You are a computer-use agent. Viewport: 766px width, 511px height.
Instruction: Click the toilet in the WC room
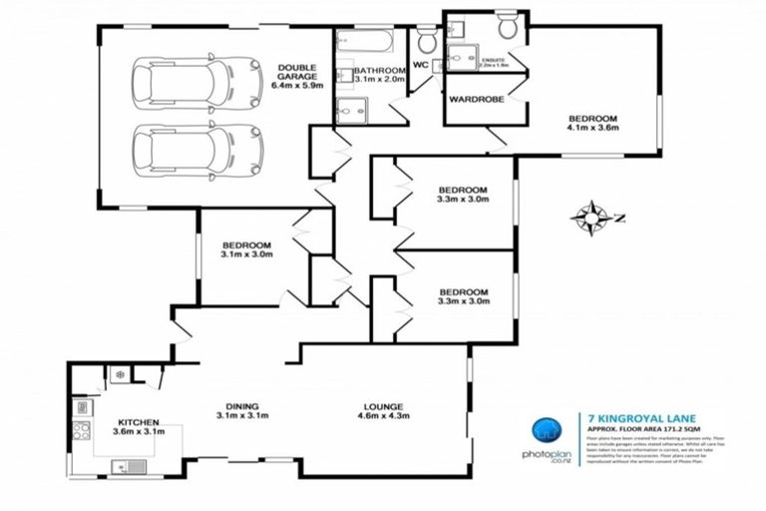[x=427, y=40]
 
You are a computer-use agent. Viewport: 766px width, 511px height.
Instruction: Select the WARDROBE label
[x=475, y=100]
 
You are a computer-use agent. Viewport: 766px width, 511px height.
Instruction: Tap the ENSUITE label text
[x=492, y=61]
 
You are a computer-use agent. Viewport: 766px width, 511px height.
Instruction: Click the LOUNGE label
[x=383, y=406]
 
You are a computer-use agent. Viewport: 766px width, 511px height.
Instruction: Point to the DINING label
[x=242, y=406]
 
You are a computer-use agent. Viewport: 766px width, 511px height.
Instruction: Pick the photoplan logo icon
[x=545, y=430]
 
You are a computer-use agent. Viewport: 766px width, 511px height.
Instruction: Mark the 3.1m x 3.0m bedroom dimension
[x=247, y=255]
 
